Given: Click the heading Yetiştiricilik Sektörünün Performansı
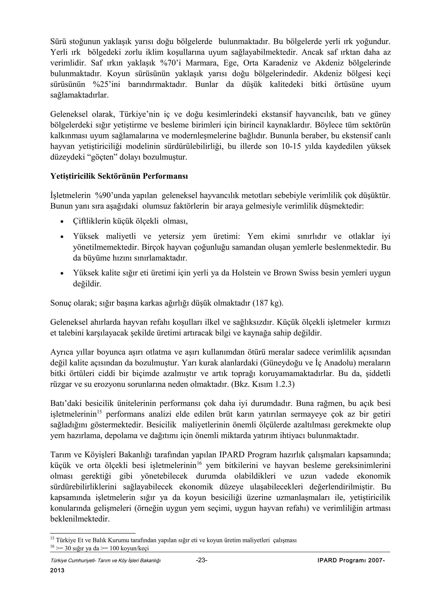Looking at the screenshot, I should (x=119, y=176).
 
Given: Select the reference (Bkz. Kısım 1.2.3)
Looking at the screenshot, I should (x=263, y=384).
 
